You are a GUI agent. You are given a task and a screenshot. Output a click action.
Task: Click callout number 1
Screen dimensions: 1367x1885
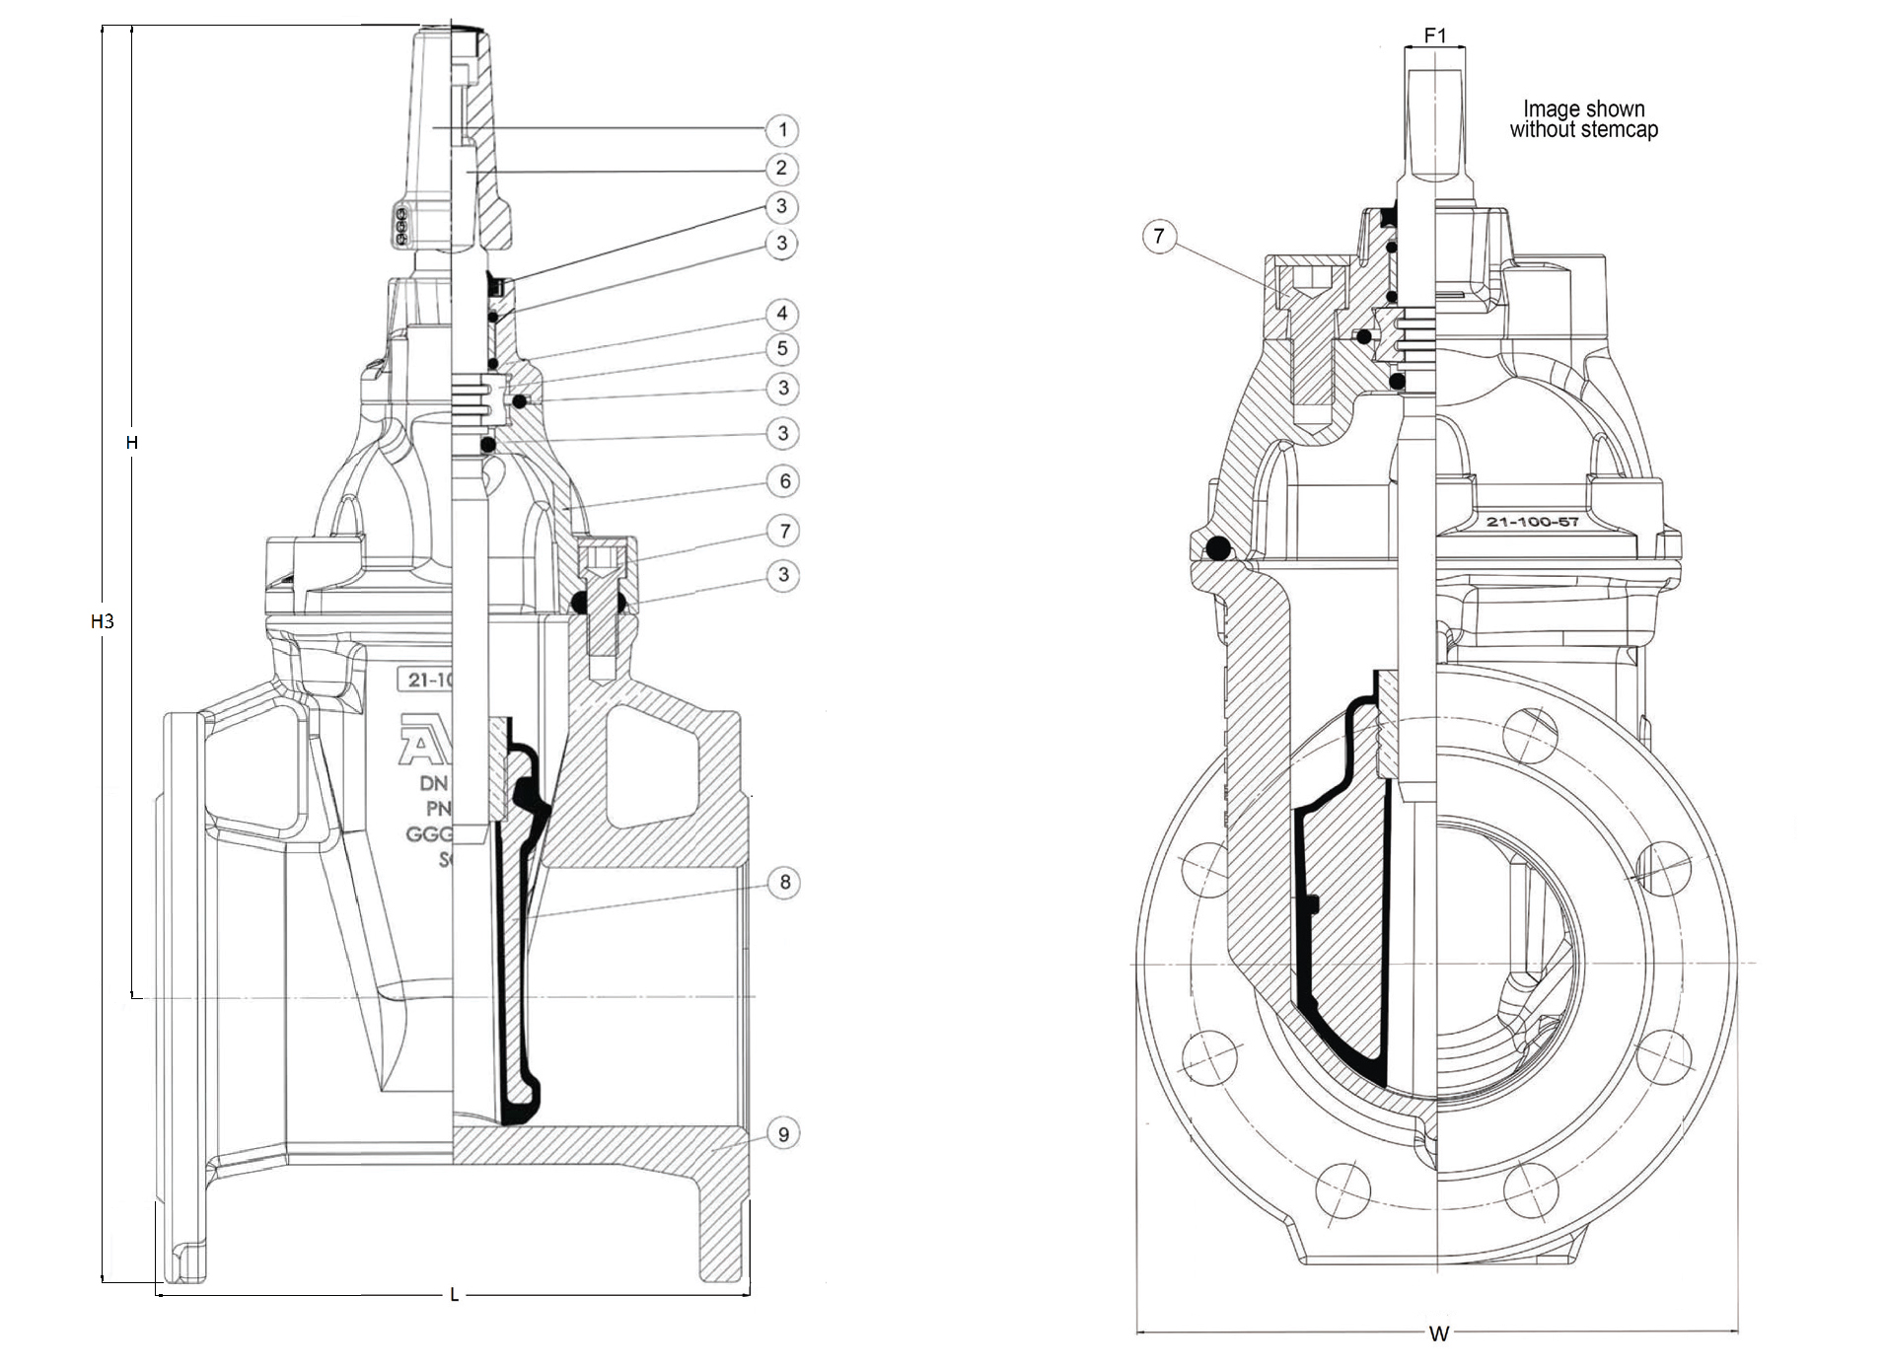coord(782,129)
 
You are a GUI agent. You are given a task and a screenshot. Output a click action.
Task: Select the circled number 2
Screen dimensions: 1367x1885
coord(781,168)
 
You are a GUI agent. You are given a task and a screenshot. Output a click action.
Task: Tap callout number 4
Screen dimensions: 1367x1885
coord(782,314)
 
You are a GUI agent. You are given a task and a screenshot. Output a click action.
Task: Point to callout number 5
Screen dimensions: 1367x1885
coord(782,348)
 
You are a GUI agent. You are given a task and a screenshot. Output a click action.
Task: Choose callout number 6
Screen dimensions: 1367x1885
coord(784,481)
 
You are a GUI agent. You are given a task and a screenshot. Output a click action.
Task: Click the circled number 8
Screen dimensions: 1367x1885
coord(784,882)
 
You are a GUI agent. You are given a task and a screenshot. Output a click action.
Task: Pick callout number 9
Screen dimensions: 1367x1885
coord(783,1133)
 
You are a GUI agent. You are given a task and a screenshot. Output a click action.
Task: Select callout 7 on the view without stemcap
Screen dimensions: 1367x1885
coord(1159,236)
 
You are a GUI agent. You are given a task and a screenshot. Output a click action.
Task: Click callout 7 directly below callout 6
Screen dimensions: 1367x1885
coord(784,532)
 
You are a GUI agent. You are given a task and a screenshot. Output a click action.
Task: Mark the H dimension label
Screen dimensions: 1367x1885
coord(131,443)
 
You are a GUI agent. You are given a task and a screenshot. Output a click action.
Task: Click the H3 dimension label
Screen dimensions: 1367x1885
coord(103,621)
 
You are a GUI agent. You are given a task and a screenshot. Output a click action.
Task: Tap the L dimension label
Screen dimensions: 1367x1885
coord(454,1295)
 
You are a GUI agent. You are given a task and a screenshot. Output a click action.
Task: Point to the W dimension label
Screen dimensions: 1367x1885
coord(1438,1334)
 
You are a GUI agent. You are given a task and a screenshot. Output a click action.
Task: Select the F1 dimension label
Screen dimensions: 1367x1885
coord(1435,36)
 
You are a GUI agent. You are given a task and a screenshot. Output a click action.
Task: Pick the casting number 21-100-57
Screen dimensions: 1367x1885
coord(1532,522)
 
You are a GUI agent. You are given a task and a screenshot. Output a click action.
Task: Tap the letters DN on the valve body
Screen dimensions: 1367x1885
coord(434,784)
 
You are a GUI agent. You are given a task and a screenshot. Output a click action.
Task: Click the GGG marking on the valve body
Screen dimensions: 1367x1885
coord(428,834)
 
